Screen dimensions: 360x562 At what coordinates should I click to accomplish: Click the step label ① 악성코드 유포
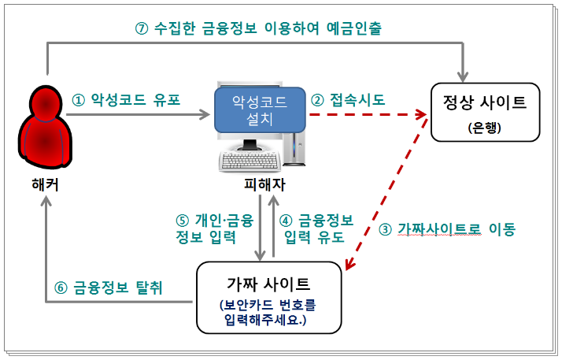click(x=126, y=100)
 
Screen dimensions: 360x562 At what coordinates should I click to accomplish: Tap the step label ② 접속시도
click(x=348, y=100)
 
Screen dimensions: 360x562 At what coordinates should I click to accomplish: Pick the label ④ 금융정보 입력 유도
click(x=317, y=228)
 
